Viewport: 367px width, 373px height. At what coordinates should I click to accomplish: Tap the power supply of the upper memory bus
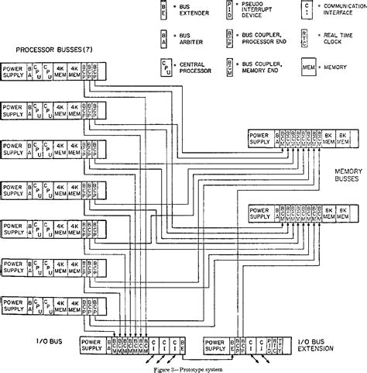click(259, 138)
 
